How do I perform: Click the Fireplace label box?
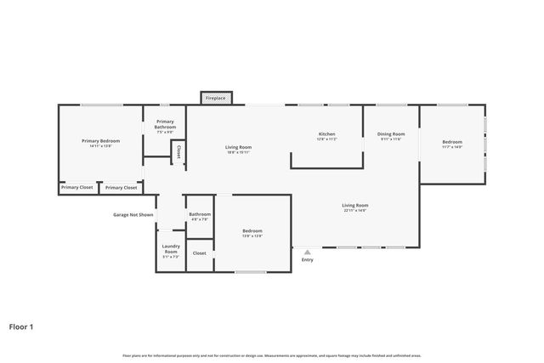coord(216,99)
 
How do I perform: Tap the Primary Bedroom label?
coord(100,140)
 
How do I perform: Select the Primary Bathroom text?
coord(165,124)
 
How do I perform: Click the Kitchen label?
coord(326,134)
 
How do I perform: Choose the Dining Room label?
coord(391,134)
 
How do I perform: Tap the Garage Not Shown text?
coord(133,215)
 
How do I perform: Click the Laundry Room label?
coord(170,250)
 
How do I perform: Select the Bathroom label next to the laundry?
coord(200,214)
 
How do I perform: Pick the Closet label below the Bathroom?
coord(200,253)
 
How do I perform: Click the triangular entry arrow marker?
coord(307,252)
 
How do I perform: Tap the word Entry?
coord(307,260)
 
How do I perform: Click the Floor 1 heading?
coord(21,326)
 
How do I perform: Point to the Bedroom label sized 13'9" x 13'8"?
coord(252,231)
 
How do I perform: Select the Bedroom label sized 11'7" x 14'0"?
coord(452,142)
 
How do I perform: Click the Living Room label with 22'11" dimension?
coord(354,205)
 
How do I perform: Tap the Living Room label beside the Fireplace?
coord(238,147)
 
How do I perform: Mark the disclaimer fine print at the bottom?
coord(272,355)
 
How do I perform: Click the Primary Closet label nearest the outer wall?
coord(77,187)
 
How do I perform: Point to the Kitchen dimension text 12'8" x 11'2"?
coord(326,139)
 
